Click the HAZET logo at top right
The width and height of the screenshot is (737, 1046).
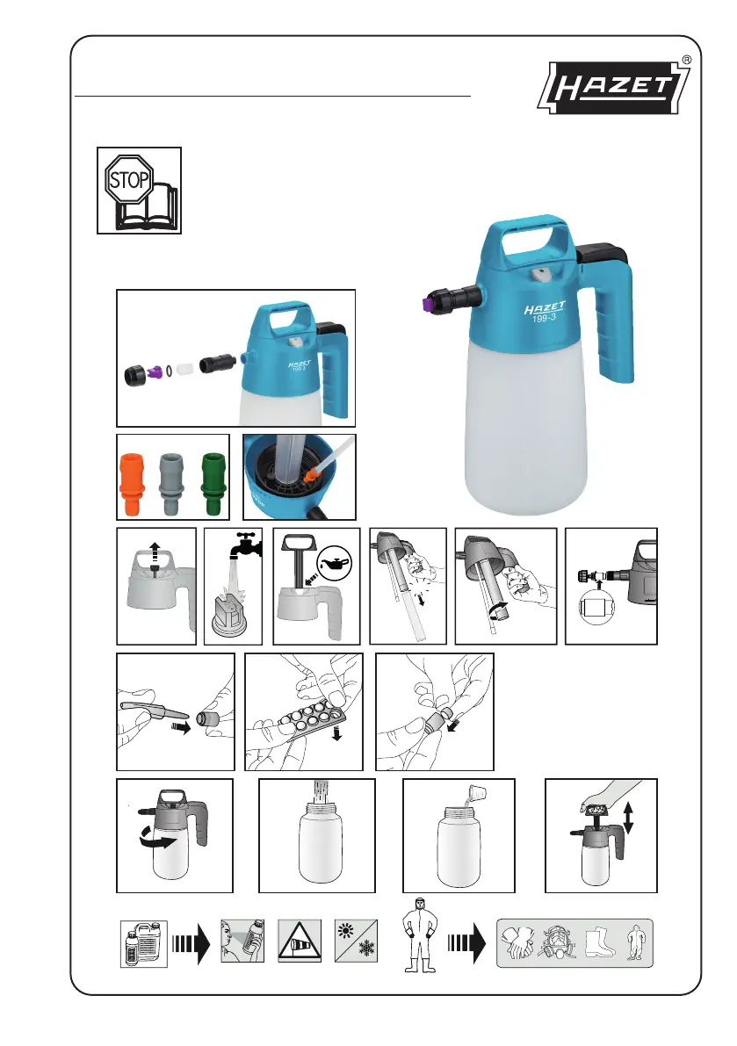click(x=614, y=87)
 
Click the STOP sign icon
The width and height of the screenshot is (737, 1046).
click(x=129, y=179)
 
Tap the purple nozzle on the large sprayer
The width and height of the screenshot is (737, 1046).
click(x=424, y=304)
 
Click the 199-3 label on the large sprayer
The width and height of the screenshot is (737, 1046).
click(x=544, y=318)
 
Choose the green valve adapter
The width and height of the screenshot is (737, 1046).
click(x=213, y=483)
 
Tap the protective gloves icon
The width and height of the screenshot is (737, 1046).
click(x=517, y=942)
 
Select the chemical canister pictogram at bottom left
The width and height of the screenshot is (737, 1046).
click(x=143, y=943)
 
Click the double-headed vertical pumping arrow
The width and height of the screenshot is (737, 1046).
click(x=627, y=818)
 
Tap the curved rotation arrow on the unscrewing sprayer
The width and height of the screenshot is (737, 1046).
click(x=159, y=842)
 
